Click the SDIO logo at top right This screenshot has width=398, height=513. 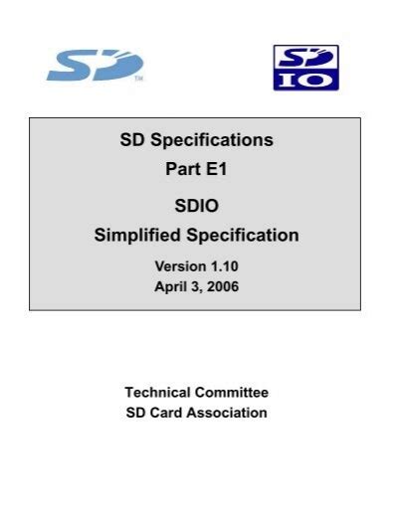point(305,68)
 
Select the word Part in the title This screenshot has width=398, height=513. point(182,170)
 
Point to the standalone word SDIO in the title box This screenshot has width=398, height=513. point(196,206)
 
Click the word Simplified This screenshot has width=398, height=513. point(137,236)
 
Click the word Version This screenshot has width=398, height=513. point(179,266)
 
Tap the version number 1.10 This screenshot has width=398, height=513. point(224,266)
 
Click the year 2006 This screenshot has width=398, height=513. point(222,286)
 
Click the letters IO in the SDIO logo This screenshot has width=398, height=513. point(305,79)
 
